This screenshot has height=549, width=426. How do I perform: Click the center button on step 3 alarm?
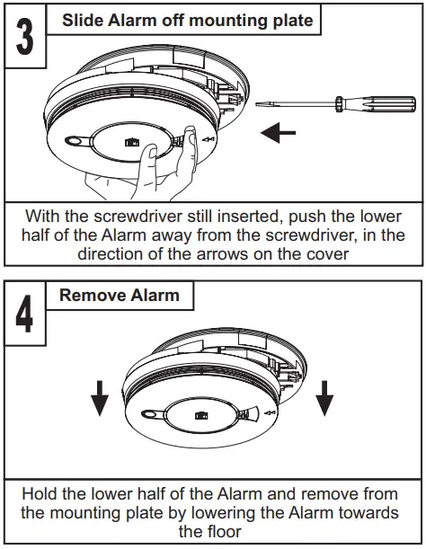coord(133,143)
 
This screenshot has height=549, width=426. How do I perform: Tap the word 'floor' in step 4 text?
coord(212,530)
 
